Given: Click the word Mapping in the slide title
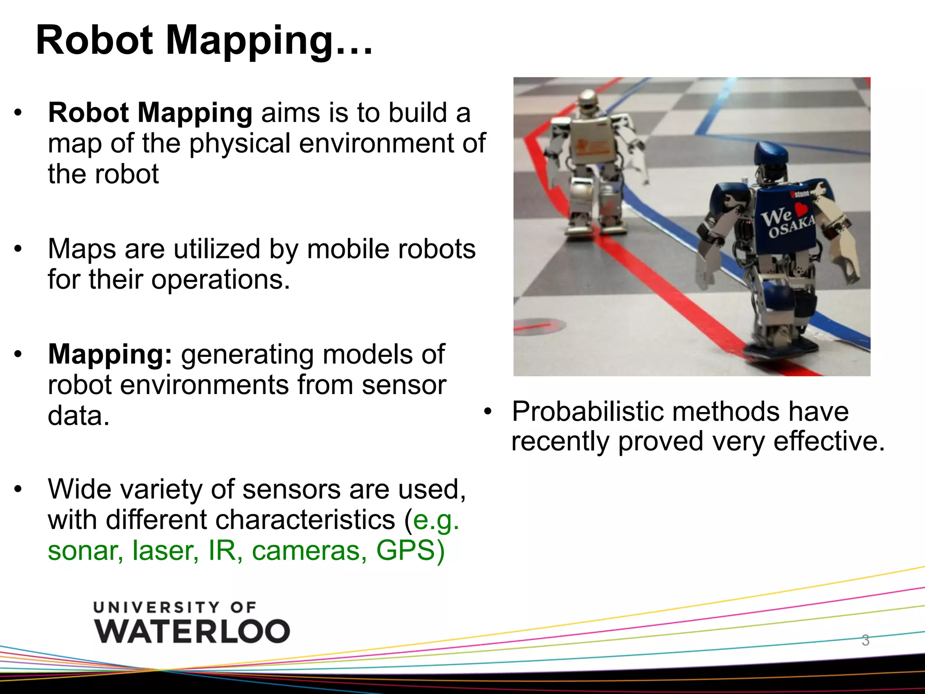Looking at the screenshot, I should tap(250, 42).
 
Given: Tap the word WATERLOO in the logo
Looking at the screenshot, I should tap(192, 631).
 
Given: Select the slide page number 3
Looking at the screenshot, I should tap(865, 640).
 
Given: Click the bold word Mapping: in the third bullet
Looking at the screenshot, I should tap(110, 355).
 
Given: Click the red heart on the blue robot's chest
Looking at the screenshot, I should tap(800, 209).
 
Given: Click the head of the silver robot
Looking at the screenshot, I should tap(588, 99).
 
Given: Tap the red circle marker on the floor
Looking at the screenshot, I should tap(539, 325).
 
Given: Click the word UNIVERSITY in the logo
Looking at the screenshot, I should tap(155, 607).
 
